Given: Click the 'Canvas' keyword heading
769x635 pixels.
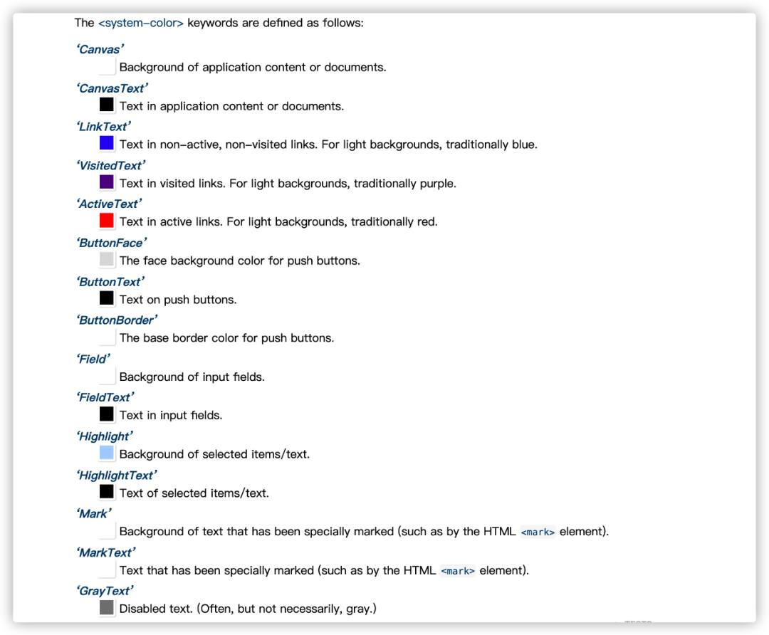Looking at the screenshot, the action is point(100,49).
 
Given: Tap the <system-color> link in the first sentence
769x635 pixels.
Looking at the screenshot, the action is point(141,23).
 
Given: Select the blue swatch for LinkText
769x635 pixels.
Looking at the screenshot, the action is point(107,144).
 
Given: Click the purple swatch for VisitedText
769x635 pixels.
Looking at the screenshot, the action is point(107,182).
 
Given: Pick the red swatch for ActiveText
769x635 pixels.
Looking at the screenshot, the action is point(107,221).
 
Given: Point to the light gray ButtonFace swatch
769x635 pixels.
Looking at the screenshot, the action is point(107,259).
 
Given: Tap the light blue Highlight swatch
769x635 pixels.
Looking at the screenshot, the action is point(107,453).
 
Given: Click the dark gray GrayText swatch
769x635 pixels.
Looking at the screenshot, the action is point(107,608).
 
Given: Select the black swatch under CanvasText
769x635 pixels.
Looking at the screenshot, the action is point(107,105).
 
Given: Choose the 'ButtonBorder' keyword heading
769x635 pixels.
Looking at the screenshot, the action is point(117,320).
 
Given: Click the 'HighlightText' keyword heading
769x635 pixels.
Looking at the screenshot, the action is point(117,475).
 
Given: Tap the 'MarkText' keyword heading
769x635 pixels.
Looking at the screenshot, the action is point(105,552).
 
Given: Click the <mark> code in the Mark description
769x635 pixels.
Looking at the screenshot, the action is point(538,532).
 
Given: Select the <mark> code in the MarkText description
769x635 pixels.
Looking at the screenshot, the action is point(458,570).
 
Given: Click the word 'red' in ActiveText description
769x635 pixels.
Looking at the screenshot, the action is point(425,221).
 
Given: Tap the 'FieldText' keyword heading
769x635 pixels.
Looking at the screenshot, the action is point(105,397).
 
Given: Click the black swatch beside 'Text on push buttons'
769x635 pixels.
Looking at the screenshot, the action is point(107,298).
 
